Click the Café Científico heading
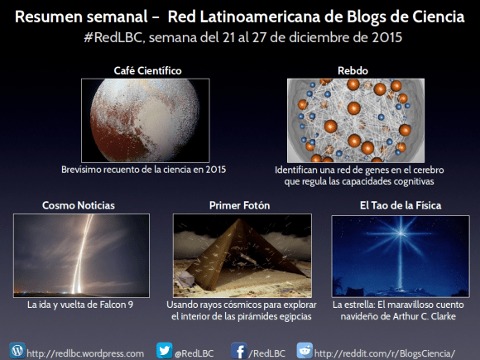click(147, 70)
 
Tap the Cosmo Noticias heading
click(79, 204)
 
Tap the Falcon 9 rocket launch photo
click(81, 255)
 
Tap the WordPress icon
click(17, 350)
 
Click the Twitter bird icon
click(164, 350)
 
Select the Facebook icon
click(240, 350)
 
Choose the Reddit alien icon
click(305, 350)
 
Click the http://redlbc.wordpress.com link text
click(85, 353)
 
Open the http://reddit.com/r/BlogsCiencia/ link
click(385, 353)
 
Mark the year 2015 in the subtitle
click(377, 37)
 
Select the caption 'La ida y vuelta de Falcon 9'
click(80, 305)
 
